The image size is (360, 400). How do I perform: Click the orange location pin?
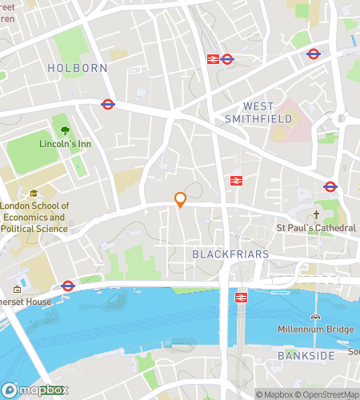tap(181, 199)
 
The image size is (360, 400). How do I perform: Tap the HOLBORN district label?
tap(77, 68)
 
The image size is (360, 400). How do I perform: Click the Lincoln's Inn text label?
tap(65, 145)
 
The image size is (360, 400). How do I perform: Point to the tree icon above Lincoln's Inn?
tap(64, 129)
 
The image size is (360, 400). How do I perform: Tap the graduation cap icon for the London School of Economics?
tap(33, 193)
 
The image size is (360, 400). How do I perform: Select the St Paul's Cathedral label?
tap(316, 228)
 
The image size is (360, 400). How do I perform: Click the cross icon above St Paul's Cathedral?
tap(316, 214)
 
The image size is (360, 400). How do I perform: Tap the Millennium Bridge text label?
tap(315, 330)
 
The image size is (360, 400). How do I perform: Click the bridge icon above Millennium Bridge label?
tap(315, 316)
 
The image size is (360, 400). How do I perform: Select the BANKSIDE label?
tap(303, 354)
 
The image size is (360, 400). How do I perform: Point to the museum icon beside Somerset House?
tap(17, 290)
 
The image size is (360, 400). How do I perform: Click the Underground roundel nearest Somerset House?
tap(68, 285)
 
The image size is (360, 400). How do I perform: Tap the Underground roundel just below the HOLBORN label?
tap(107, 103)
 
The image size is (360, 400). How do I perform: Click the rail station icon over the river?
tap(240, 297)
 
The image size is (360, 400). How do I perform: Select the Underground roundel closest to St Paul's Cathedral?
tap(330, 186)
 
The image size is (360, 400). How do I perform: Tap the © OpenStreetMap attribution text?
tap(330, 394)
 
